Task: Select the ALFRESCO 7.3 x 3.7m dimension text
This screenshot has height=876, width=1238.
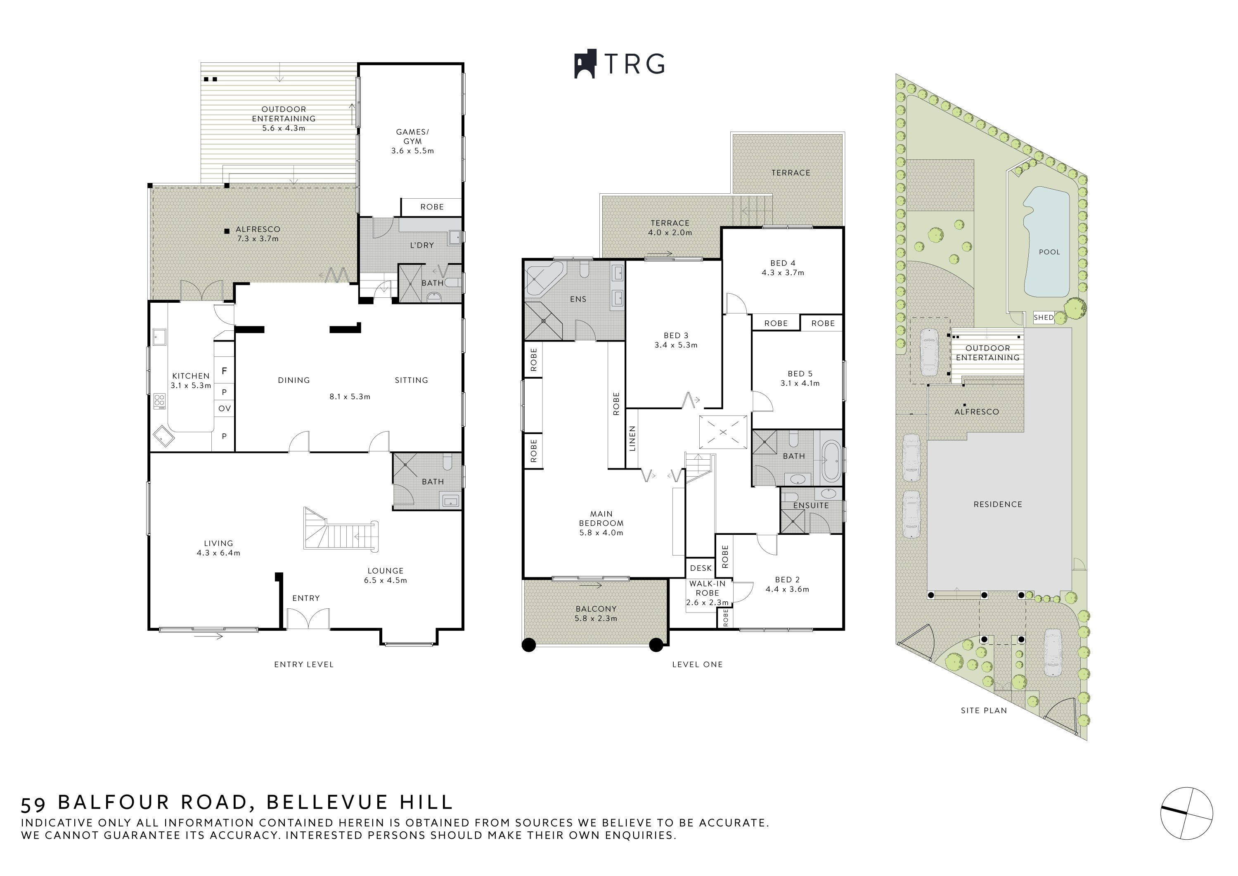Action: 258,238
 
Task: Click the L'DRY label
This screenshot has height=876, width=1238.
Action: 421,245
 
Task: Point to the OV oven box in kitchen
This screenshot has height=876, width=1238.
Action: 224,408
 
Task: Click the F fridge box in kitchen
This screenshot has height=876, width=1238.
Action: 224,371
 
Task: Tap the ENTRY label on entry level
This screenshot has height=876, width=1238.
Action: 306,598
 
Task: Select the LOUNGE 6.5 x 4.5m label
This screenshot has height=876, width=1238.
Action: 386,576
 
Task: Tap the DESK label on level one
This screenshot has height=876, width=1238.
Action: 701,568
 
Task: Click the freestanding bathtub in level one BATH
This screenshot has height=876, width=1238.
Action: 831,462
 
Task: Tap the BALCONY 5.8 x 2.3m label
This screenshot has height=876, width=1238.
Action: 596,613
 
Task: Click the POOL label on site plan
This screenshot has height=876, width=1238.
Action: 1049,252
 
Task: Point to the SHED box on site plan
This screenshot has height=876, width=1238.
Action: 1043,318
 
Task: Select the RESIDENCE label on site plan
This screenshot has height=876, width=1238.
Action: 997,504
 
